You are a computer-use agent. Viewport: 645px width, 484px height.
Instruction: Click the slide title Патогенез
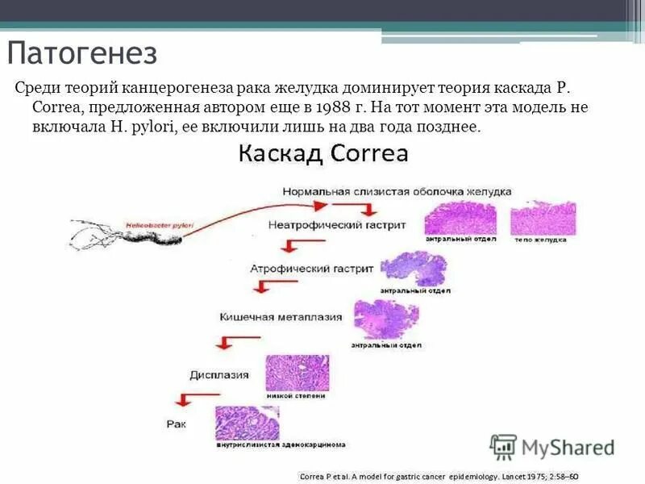83,55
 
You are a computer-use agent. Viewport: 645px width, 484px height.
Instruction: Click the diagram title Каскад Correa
322,153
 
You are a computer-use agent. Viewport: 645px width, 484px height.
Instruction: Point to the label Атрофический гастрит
312,265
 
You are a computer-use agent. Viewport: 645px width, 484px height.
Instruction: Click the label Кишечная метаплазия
281,317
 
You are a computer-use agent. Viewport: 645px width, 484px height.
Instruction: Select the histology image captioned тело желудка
543,219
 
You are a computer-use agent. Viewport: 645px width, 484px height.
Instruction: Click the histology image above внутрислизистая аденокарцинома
247,422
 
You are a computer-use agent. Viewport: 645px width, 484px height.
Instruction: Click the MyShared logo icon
504,446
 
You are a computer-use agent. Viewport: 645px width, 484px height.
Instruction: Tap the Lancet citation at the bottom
439,476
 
